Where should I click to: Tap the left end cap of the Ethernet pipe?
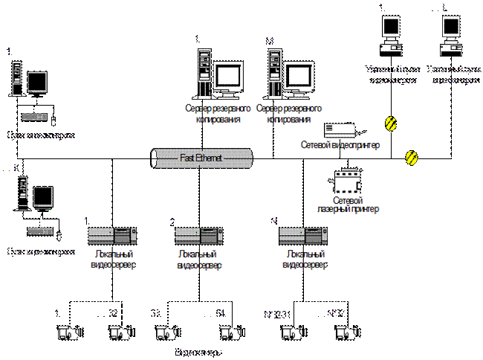click(154, 158)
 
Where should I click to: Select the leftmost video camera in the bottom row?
click(68, 332)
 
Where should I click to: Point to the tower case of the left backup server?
click(200, 72)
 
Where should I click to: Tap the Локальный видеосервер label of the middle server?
click(199, 259)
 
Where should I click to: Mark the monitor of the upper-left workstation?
click(37, 82)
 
